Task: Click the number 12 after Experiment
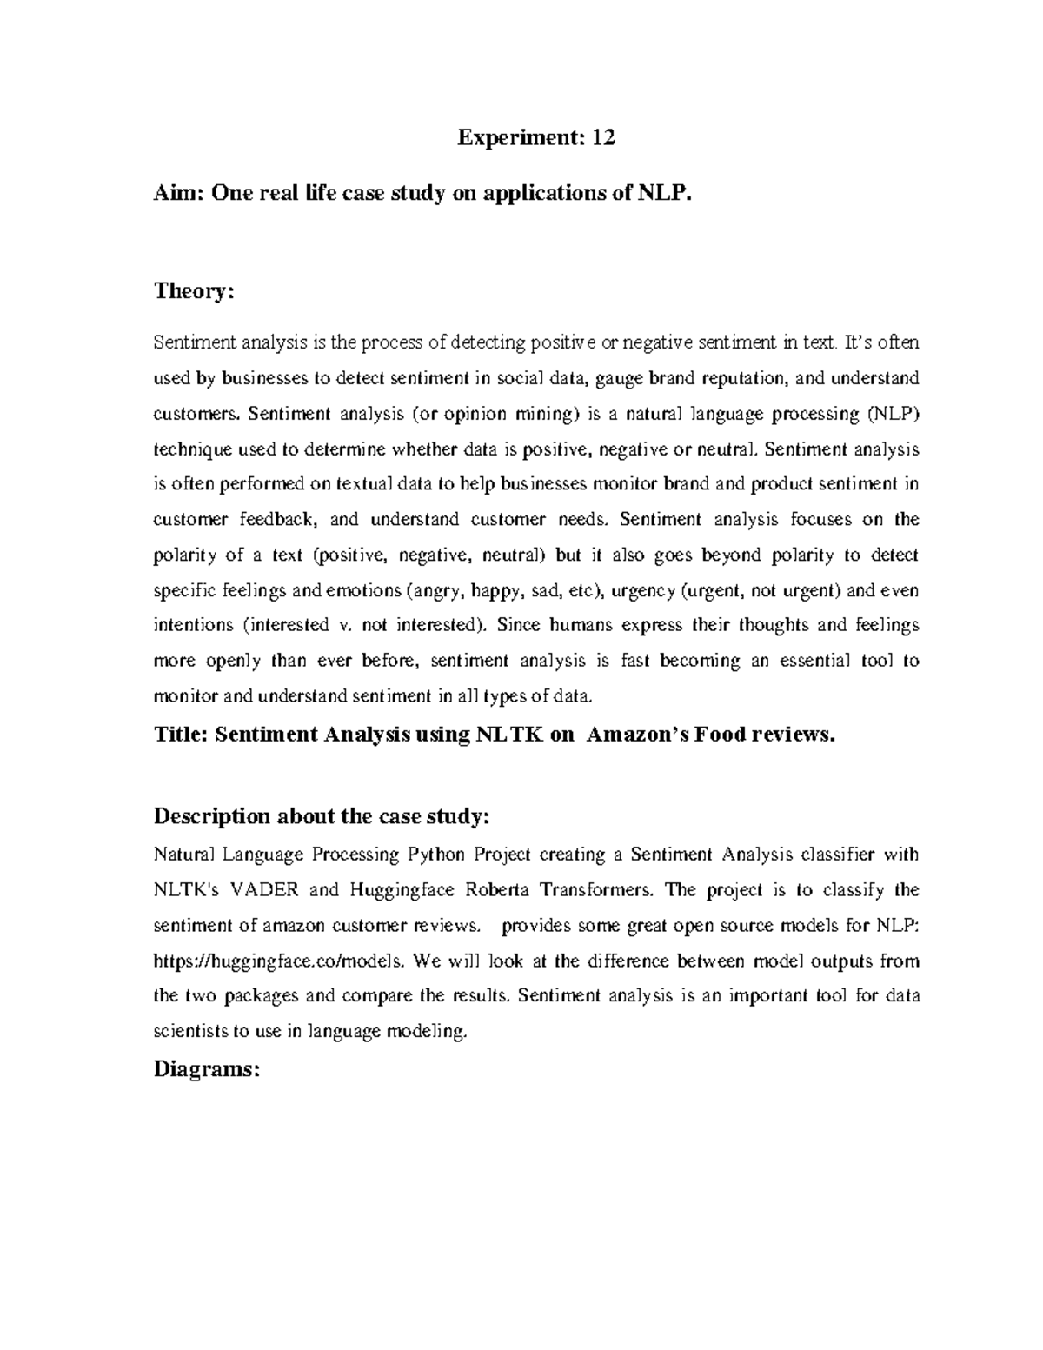(x=603, y=138)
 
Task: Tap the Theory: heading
(x=194, y=291)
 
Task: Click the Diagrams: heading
(x=206, y=1069)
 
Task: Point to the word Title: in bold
(x=180, y=735)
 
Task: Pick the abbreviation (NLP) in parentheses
(x=892, y=414)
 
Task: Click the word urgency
(x=643, y=591)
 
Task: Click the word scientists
(x=190, y=1032)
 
